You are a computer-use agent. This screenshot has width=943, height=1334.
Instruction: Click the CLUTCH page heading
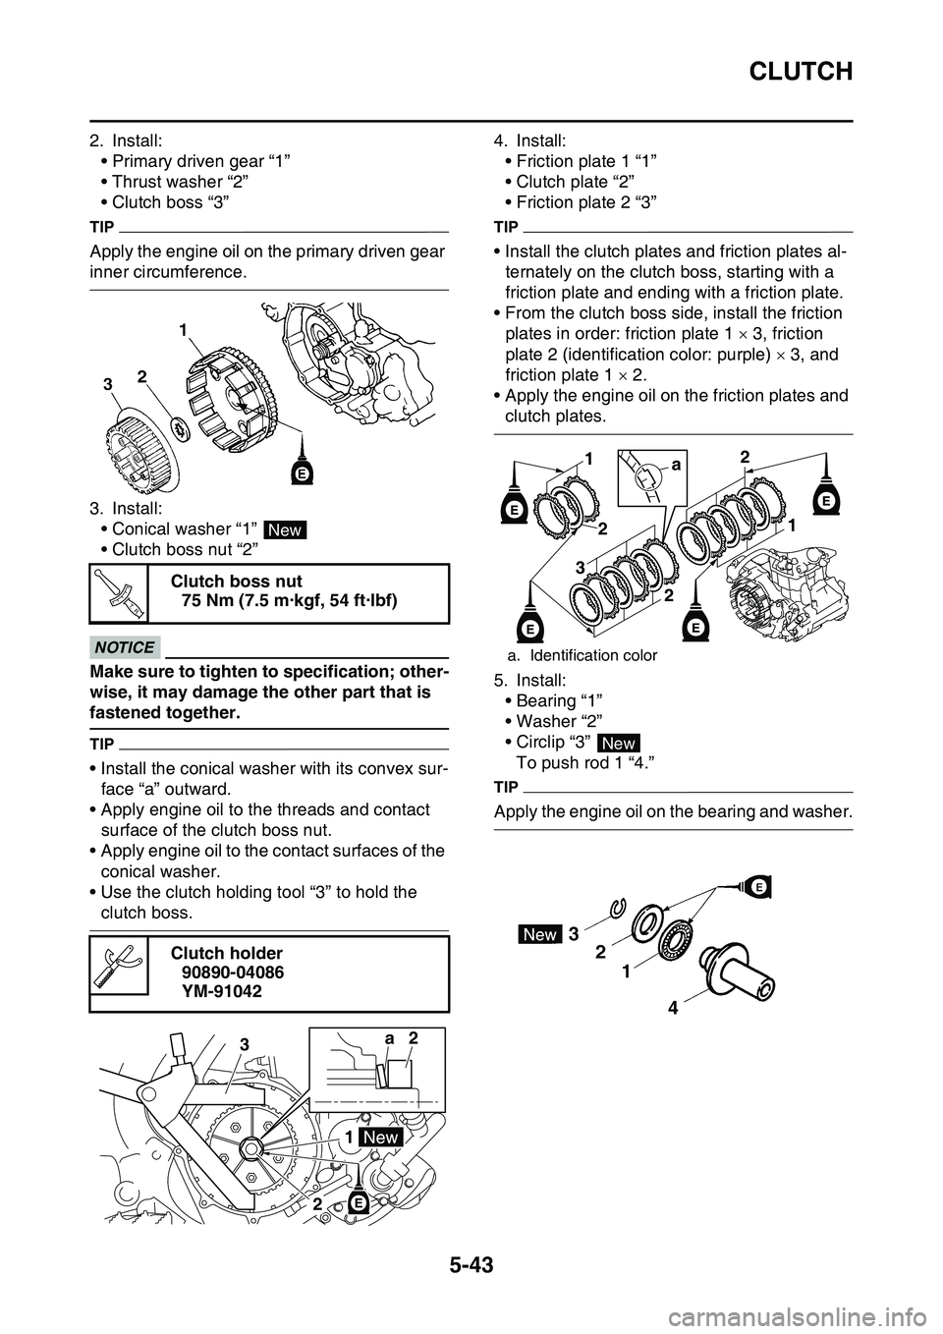tap(802, 71)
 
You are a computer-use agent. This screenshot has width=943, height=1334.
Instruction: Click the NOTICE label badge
tap(125, 647)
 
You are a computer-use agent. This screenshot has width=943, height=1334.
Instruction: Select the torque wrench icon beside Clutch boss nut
tap(118, 594)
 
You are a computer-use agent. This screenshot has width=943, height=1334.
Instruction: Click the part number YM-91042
tap(222, 992)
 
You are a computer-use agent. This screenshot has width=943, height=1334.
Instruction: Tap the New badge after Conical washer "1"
tap(285, 530)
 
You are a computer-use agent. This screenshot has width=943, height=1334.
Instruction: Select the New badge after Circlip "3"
tap(616, 743)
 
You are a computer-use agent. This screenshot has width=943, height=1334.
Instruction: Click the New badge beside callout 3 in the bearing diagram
tap(540, 935)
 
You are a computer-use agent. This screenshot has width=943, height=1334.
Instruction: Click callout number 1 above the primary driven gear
tap(182, 333)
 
